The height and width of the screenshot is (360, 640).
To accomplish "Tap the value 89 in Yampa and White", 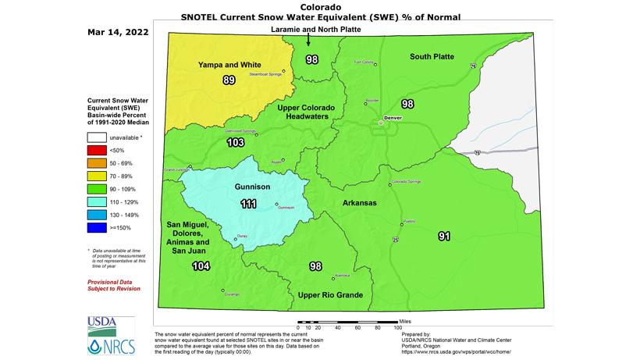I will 229,80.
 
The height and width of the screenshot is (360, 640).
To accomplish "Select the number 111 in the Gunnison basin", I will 248,204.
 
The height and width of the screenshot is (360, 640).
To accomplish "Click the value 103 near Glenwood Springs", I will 235,143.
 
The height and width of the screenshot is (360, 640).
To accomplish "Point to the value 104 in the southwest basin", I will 201,266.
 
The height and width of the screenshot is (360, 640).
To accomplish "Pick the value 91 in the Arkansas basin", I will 444,236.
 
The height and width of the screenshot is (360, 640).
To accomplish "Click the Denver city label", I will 393,117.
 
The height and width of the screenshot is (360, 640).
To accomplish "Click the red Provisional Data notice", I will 113,283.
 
